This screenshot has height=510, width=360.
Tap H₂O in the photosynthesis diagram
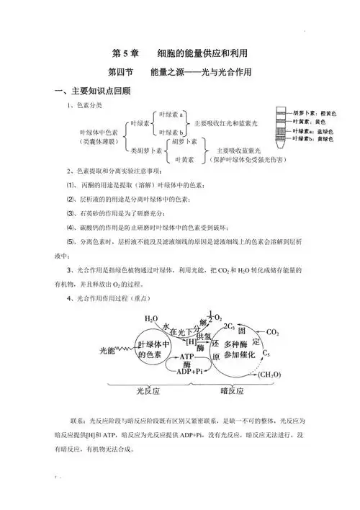[x=151, y=318]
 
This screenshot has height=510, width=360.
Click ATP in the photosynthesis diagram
[x=188, y=357]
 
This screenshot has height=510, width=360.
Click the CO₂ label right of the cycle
[x=273, y=333]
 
